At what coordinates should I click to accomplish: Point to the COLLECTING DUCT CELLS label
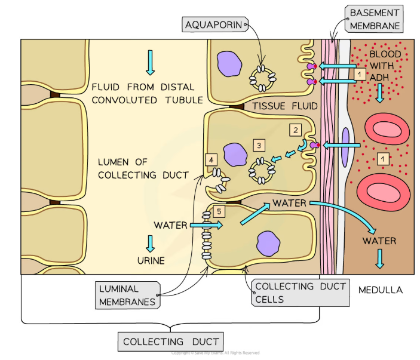[300, 293]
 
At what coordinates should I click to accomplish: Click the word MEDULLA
[381, 290]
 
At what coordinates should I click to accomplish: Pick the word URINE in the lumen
[150, 261]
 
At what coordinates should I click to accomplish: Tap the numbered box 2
[295, 129]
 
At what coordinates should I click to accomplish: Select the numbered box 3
[258, 145]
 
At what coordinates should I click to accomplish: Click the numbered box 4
[211, 159]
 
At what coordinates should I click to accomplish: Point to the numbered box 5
[219, 211]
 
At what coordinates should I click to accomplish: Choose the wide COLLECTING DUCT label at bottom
[170, 342]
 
